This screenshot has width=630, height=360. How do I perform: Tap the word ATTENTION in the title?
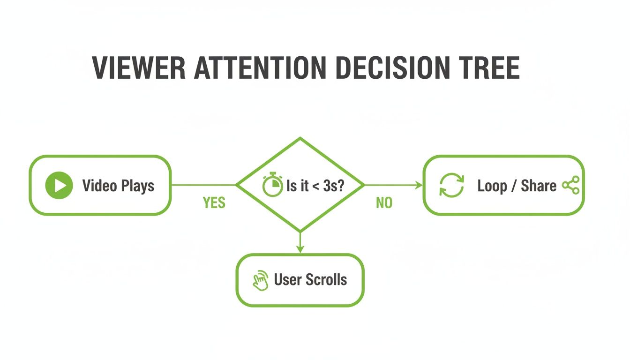click(260, 68)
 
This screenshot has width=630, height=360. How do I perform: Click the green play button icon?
click(59, 186)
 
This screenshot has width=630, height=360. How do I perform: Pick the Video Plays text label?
click(118, 186)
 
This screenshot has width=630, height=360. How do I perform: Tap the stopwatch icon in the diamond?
click(272, 185)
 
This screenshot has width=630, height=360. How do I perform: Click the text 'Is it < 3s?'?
click(315, 186)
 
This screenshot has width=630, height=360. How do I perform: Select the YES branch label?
click(214, 202)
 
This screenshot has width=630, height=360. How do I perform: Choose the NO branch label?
click(384, 202)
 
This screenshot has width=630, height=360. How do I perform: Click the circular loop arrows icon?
click(451, 186)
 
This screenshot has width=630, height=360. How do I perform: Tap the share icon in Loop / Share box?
click(570, 186)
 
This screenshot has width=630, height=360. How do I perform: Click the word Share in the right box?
click(539, 186)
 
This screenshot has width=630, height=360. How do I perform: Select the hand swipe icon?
click(260, 280)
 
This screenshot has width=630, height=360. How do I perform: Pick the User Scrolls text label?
click(310, 280)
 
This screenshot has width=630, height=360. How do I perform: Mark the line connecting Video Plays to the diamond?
click(203, 185)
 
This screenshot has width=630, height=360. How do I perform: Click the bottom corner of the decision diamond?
click(300, 231)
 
